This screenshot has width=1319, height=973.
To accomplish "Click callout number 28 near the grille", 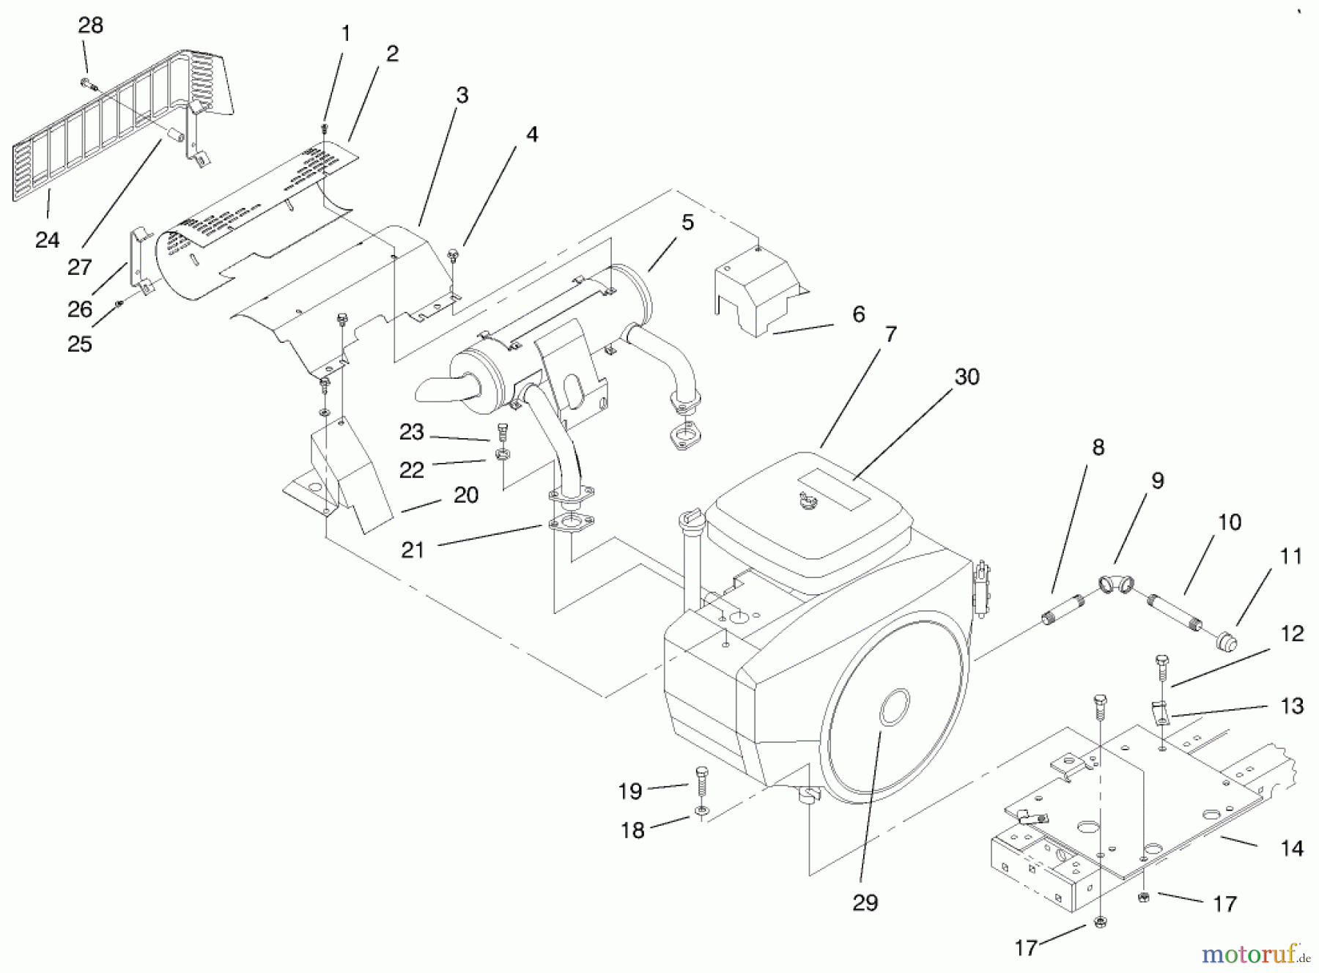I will [x=90, y=26].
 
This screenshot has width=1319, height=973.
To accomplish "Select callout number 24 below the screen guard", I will [x=47, y=240].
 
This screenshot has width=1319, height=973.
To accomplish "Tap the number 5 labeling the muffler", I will [x=687, y=223].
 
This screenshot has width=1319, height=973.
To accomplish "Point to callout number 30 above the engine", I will [x=967, y=377].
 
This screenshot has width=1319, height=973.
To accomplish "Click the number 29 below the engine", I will [x=865, y=903].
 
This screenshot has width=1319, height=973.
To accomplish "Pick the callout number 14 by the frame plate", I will [x=1291, y=848].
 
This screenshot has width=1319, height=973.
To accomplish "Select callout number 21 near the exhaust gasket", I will [x=413, y=550].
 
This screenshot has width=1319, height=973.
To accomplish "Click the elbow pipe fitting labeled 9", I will [x=1116, y=583].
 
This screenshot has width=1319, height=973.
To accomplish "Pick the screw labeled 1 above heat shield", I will [x=325, y=129].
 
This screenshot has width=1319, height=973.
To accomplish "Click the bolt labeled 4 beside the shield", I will [x=453, y=254].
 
